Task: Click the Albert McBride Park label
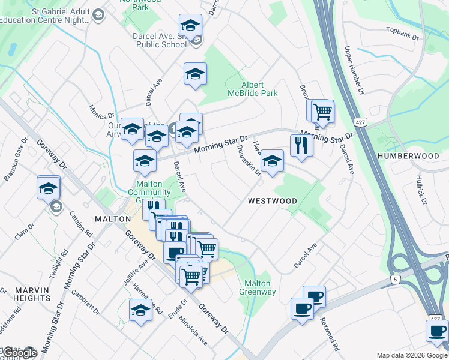(260, 89)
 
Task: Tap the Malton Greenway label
(259, 287)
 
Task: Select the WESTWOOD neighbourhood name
(272, 201)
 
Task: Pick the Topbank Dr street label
(402, 33)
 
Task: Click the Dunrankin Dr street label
(249, 160)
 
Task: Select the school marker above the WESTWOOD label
(271, 161)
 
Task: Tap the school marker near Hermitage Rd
(140, 310)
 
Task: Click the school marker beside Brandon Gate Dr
(47, 188)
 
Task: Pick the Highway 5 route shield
(395, 279)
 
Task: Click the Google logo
(19, 353)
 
